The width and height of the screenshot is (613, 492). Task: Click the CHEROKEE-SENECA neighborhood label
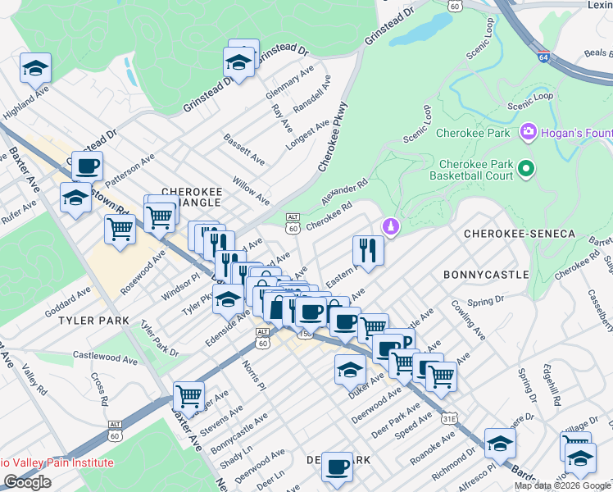(x=520, y=234)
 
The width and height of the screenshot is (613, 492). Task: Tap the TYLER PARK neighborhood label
(x=89, y=321)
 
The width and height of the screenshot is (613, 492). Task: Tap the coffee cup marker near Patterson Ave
(x=87, y=166)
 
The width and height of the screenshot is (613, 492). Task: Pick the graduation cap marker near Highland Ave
(x=35, y=67)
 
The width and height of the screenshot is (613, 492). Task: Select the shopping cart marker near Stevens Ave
(x=189, y=397)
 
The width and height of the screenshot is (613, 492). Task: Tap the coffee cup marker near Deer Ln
(x=336, y=467)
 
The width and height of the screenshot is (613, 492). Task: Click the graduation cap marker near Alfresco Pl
(x=499, y=444)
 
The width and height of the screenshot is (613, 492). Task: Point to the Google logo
(x=28, y=482)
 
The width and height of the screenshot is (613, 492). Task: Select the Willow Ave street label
(x=251, y=189)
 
